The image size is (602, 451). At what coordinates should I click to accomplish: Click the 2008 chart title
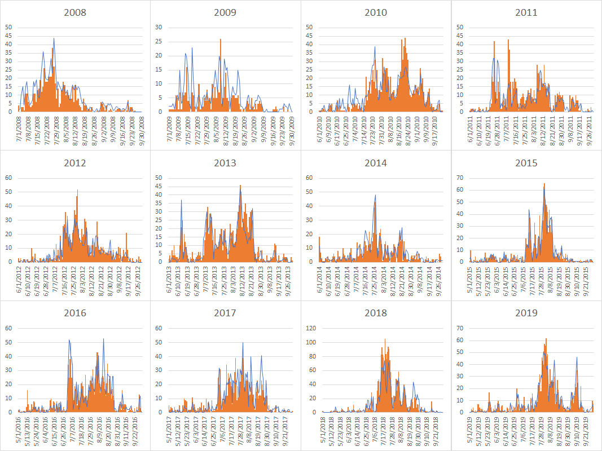pos(75,12)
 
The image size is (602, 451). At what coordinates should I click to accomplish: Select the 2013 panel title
pos(225,163)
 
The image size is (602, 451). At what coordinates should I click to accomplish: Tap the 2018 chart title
pos(376,313)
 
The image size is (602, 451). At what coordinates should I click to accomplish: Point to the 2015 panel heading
pos(526,163)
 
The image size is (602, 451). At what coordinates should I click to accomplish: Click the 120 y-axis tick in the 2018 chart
pos(311,328)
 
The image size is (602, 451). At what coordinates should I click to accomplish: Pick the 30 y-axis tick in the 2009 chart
pos(159,27)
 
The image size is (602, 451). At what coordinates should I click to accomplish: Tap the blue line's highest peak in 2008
pos(54,38)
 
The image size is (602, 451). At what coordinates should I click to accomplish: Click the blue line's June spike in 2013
pos(181,201)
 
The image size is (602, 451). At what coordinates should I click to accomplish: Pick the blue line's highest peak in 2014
pos(375,196)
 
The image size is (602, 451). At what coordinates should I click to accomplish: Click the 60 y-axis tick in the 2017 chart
pos(161,328)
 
